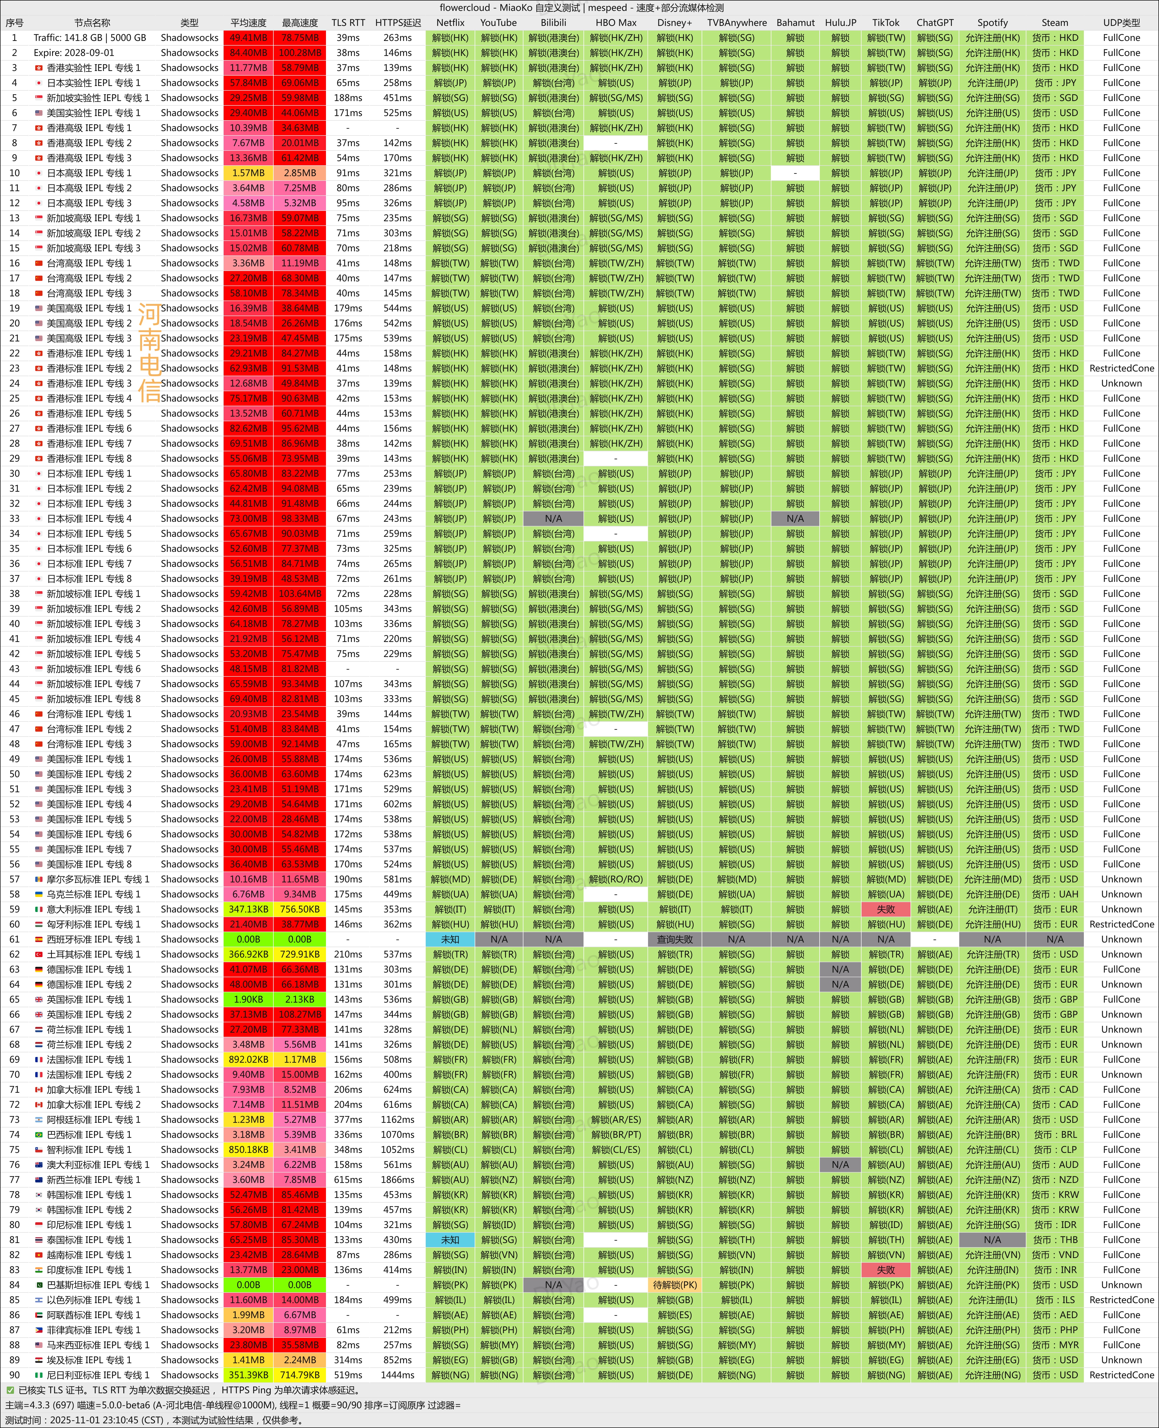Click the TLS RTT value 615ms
348,1180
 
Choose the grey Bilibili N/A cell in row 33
553,519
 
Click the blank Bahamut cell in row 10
795,173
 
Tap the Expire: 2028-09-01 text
74,53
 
